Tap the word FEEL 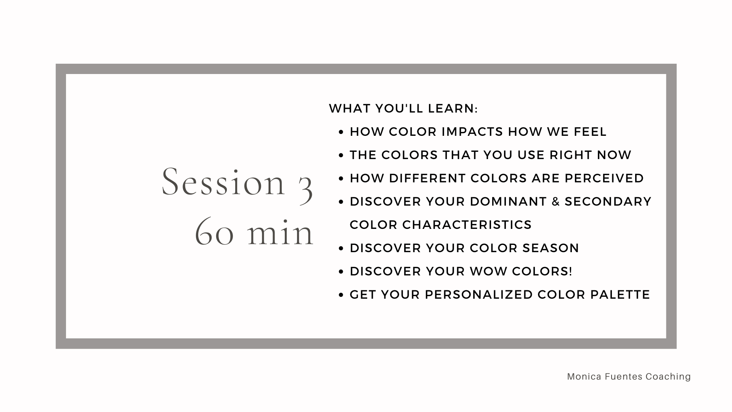[x=590, y=132]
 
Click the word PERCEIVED [x=604, y=179]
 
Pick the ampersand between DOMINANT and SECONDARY [x=556, y=202]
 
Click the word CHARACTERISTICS [x=467, y=225]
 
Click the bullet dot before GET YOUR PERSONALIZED [x=341, y=295]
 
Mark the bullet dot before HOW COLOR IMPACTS [x=341, y=132]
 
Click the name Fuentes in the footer [x=619, y=377]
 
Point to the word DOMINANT [x=509, y=202]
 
